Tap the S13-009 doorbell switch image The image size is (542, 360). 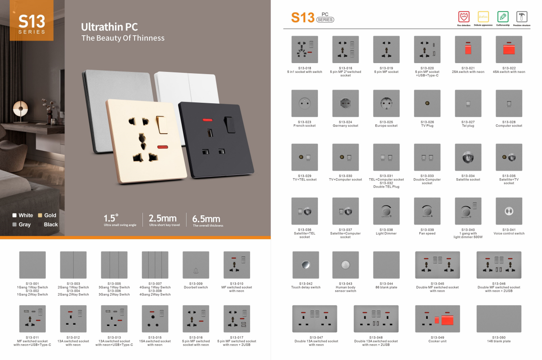click(x=196, y=265)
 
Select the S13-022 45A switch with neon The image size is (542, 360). click(x=509, y=49)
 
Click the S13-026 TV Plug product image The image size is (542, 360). click(x=427, y=103)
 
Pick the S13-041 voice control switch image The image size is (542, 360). click(x=509, y=211)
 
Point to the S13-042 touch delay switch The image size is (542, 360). click(x=305, y=265)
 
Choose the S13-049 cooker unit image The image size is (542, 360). click(x=437, y=319)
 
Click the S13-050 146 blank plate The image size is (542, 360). click(x=499, y=319)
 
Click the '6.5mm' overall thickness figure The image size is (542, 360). click(x=206, y=218)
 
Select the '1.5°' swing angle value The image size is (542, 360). click(x=111, y=218)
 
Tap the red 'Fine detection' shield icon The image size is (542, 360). click(x=463, y=17)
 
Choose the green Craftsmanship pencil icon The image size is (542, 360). click(x=503, y=17)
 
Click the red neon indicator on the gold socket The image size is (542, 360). click(x=162, y=146)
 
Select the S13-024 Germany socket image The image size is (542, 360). click(x=345, y=103)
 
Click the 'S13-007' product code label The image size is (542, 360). click(x=155, y=284)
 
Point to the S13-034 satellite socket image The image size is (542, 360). click(x=468, y=157)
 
